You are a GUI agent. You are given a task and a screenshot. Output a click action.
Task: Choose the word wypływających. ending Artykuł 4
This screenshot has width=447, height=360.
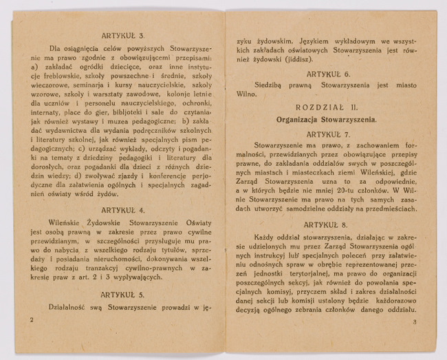[137, 277]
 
